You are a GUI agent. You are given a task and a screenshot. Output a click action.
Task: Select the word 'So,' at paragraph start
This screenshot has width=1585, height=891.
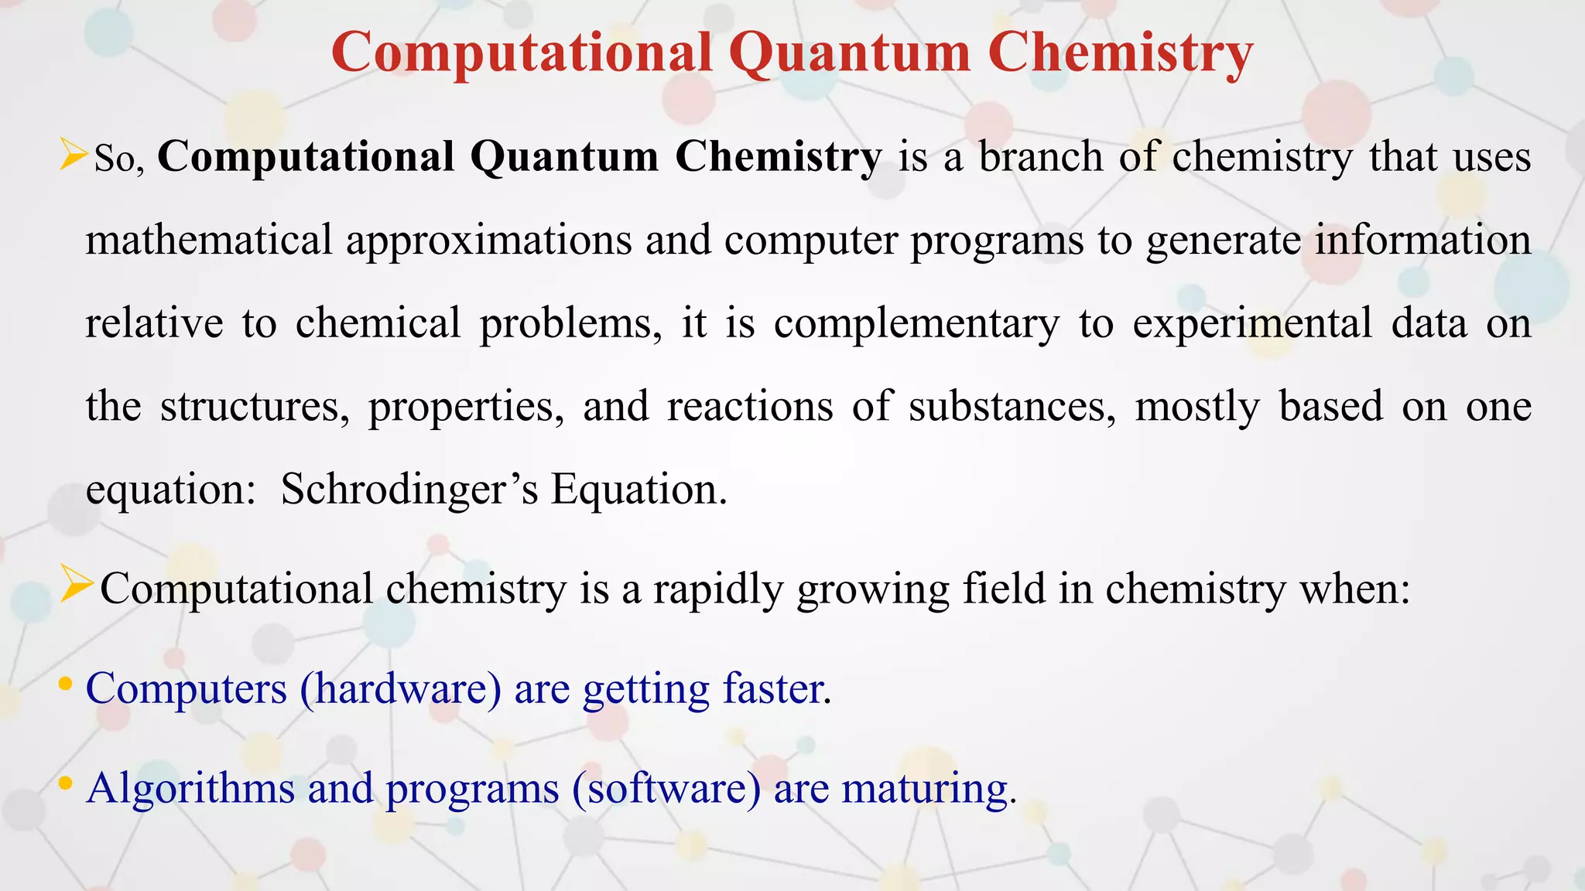pyautogui.click(x=118, y=159)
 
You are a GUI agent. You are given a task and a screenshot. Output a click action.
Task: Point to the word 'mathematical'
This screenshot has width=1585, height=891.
pyautogui.click(x=208, y=240)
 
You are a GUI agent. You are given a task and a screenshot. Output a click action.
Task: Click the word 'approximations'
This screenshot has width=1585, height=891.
pyautogui.click(x=488, y=241)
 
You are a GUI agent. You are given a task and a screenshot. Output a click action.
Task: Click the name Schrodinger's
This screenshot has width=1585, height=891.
pyautogui.click(x=409, y=490)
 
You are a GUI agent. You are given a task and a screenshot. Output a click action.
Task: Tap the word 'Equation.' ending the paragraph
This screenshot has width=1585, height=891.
pyautogui.click(x=638, y=490)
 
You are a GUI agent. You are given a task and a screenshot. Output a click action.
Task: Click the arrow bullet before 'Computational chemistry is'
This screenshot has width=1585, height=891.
pyautogui.click(x=77, y=585)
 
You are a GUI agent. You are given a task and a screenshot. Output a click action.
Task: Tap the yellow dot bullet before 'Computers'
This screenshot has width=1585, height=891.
pyautogui.click(x=66, y=684)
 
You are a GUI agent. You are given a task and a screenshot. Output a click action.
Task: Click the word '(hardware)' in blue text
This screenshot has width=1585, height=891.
pyautogui.click(x=400, y=688)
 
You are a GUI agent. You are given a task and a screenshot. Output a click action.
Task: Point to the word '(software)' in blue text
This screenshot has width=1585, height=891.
pyautogui.click(x=666, y=788)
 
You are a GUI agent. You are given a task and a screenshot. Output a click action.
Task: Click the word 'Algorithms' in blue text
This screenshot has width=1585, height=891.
pyautogui.click(x=190, y=788)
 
